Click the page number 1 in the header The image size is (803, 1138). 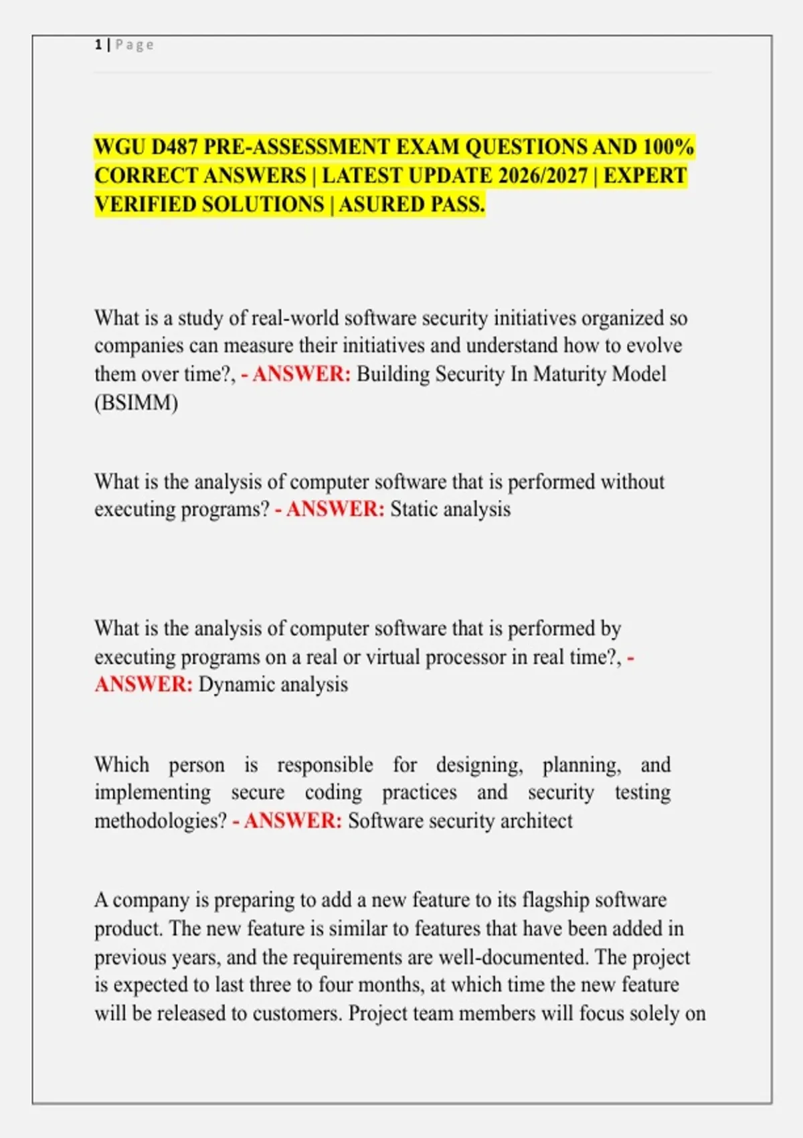point(98,45)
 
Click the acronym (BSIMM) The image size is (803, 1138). point(136,402)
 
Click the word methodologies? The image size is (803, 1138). point(161,821)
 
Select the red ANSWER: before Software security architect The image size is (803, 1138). point(293,821)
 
